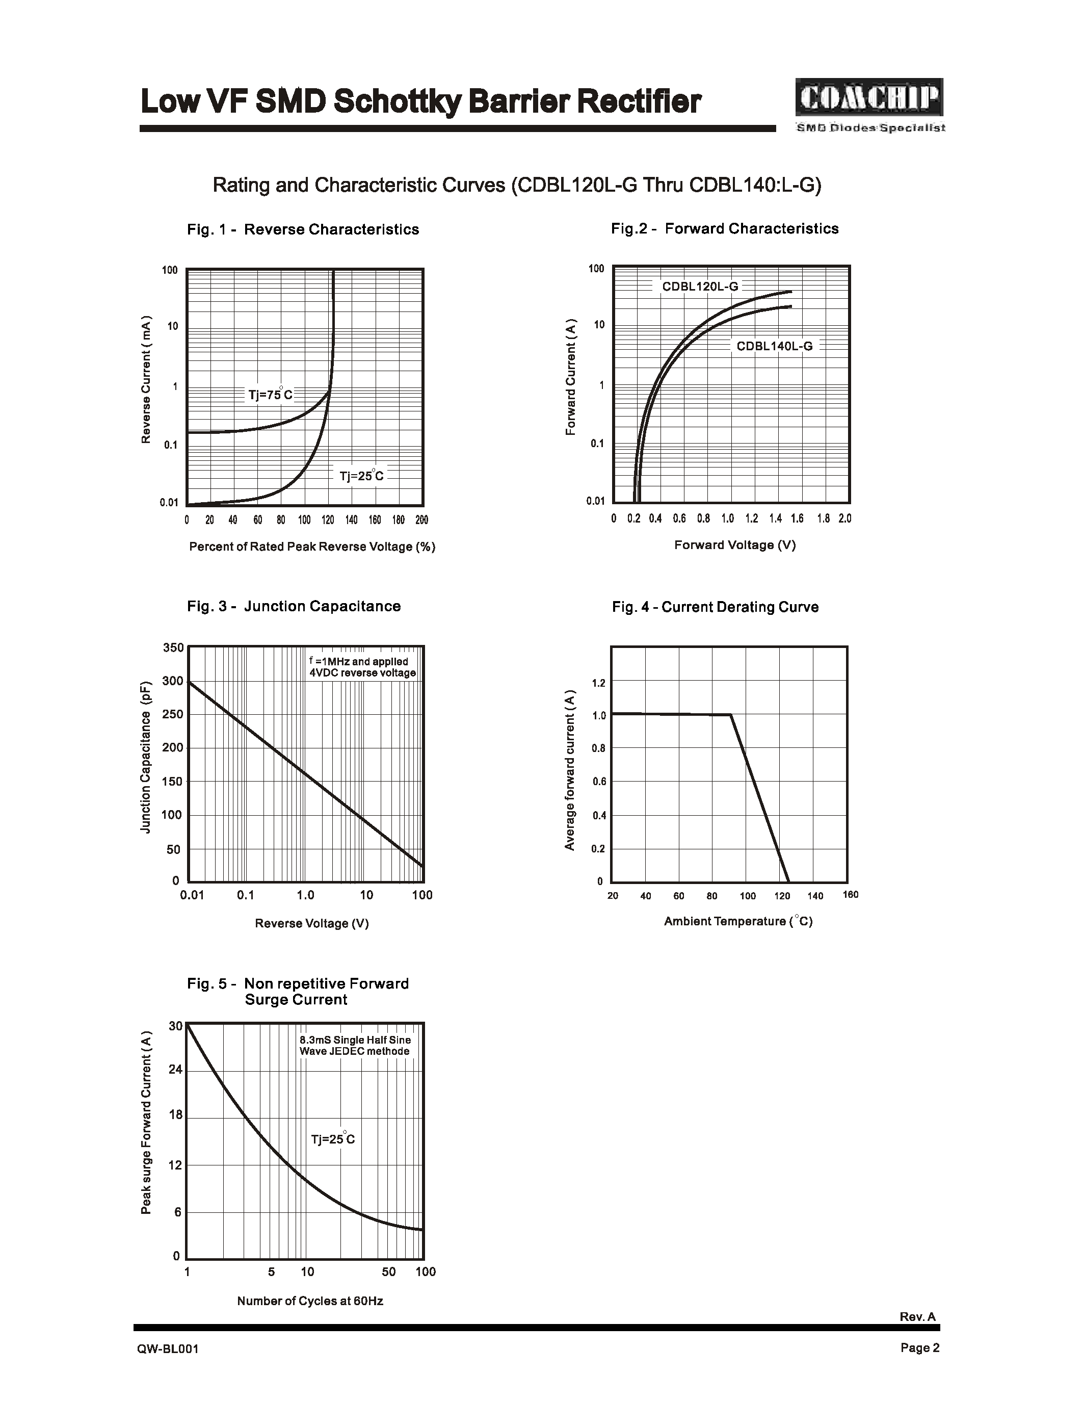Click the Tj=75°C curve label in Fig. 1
pos(270,394)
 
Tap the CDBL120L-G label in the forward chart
pos(700,287)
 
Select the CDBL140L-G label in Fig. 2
pos(774,346)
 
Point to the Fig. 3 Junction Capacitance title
pos(294,606)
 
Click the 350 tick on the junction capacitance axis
pos(173,647)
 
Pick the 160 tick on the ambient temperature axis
pos(850,895)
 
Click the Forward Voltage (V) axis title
pos(734,545)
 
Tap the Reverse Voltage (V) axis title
pos(312,923)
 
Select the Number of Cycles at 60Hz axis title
pos(310,1301)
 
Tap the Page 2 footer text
pos(919,1347)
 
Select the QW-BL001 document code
pos(168,1348)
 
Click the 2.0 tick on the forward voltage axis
pos(844,518)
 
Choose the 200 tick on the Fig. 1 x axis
pos(421,520)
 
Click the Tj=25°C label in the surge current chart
pos(332,1139)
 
